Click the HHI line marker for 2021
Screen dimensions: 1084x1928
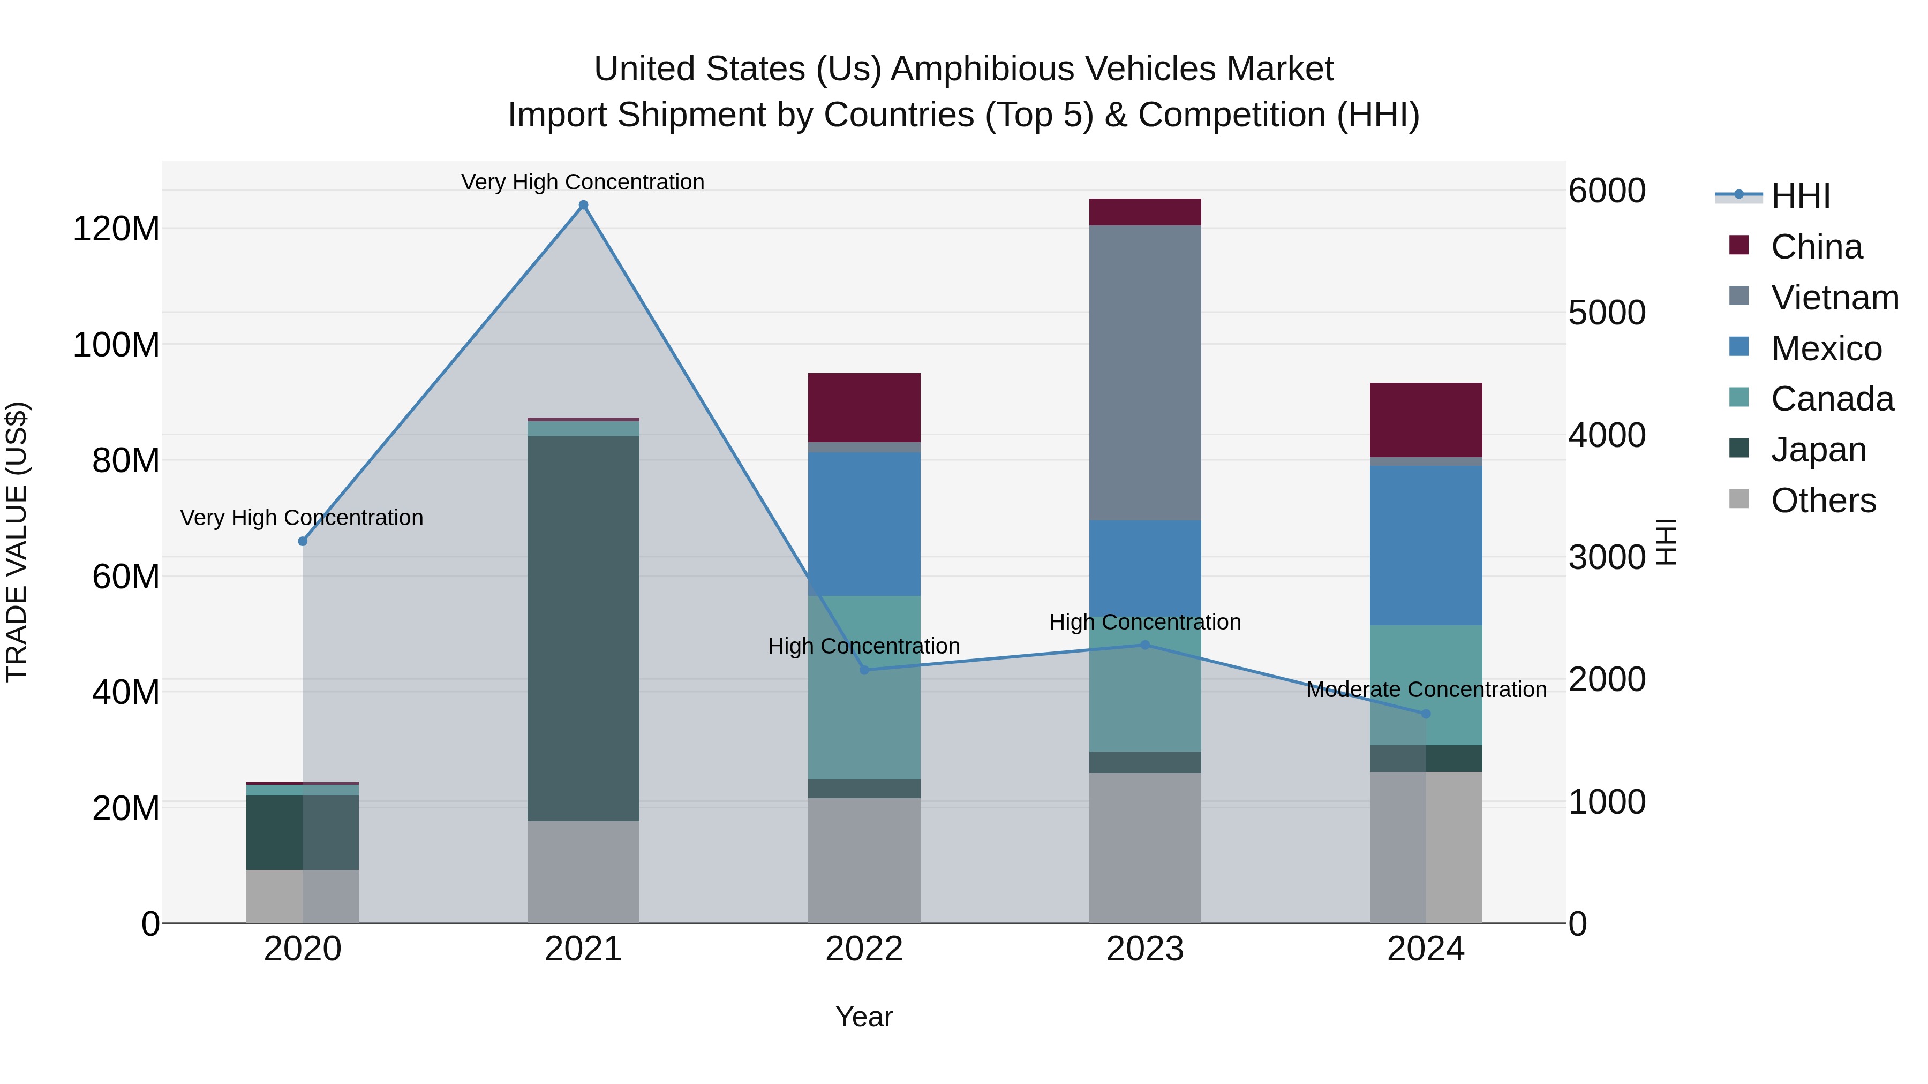(x=583, y=205)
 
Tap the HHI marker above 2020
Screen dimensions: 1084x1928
(x=303, y=541)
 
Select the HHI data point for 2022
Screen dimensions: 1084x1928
(x=864, y=670)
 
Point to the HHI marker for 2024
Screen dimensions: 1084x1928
(x=1426, y=714)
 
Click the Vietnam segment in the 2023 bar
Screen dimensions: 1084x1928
(x=1144, y=372)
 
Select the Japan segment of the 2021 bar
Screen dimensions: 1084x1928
(x=583, y=628)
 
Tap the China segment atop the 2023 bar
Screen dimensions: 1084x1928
(x=1144, y=211)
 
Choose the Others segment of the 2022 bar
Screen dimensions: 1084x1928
(x=864, y=860)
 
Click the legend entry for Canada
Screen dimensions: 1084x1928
(x=1832, y=399)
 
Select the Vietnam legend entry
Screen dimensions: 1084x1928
(x=1834, y=297)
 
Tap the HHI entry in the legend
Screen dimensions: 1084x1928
(x=1800, y=196)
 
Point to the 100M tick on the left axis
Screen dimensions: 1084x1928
(x=116, y=345)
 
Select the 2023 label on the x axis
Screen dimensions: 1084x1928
(x=1144, y=949)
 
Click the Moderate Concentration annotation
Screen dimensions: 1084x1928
(x=1426, y=689)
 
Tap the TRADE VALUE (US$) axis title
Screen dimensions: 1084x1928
(x=17, y=542)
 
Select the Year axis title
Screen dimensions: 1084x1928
(x=864, y=1017)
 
